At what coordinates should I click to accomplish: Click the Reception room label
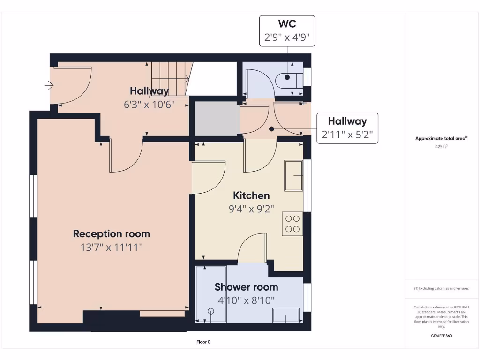point(112,233)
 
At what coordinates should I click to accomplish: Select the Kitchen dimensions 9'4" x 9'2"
point(251,209)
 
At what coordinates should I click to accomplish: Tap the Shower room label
point(246,287)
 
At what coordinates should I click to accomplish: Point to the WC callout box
point(287,31)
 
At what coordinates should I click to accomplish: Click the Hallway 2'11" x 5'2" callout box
point(347,128)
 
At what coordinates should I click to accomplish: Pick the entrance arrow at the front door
point(49,85)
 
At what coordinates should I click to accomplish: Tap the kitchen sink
point(293,175)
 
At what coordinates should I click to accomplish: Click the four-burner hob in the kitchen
point(292,224)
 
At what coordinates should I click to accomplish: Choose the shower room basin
point(286,315)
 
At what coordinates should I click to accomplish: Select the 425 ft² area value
point(441,147)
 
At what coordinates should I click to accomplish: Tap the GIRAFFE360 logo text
point(441,336)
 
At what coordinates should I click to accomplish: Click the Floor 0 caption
point(203,342)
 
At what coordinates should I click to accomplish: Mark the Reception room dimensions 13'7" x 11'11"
point(112,247)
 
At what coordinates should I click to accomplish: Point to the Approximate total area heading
point(441,138)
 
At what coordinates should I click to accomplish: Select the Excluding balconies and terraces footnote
point(441,288)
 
